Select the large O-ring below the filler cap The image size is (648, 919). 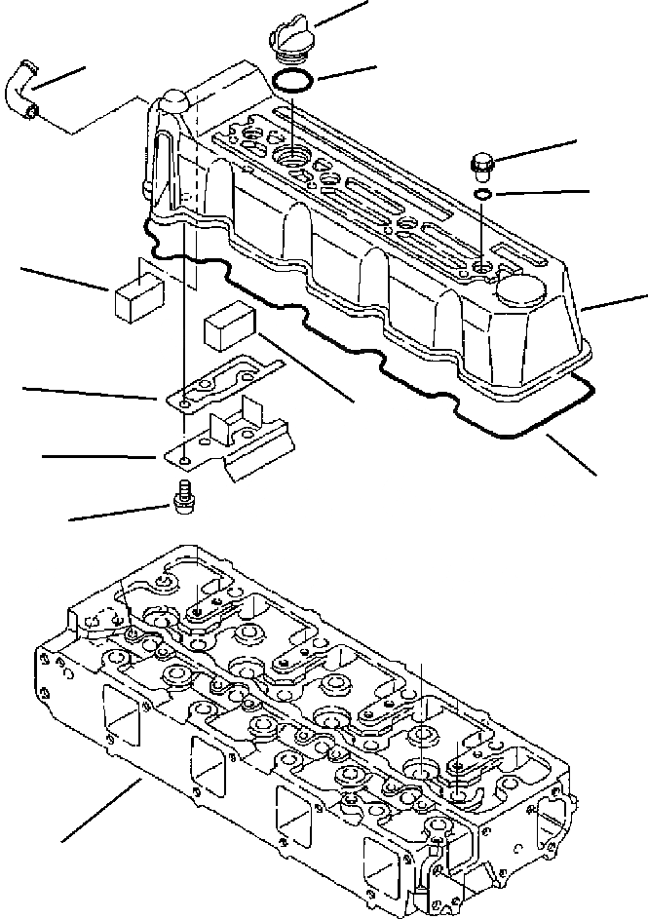291,80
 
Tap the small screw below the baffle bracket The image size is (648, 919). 181,497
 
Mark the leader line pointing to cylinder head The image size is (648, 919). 102,809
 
